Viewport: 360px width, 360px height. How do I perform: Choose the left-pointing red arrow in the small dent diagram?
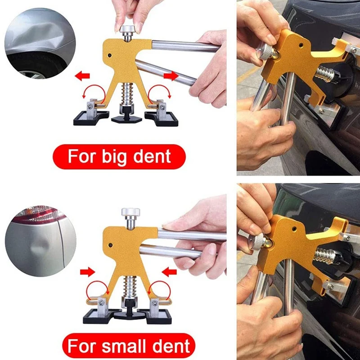[x=170, y=271]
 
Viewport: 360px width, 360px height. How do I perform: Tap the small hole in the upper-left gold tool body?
[x=110, y=56]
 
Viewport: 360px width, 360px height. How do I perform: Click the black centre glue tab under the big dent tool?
[x=126, y=117]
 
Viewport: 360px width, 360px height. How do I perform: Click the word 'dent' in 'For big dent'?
[x=153, y=156]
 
